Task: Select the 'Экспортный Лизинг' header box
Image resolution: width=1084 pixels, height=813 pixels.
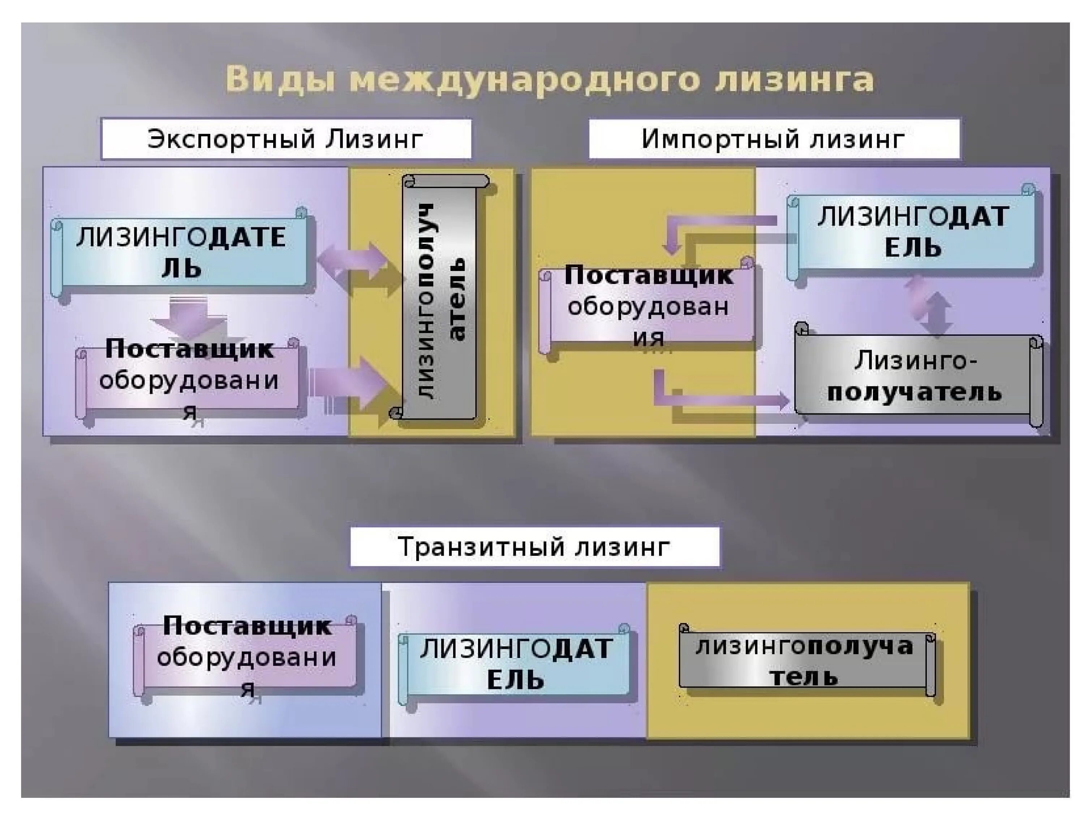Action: [286, 139]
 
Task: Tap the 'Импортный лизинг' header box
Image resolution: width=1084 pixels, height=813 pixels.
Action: [774, 139]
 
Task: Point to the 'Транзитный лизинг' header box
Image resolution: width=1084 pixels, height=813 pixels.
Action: [535, 546]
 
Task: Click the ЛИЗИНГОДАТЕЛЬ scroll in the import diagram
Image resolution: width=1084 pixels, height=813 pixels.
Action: [912, 232]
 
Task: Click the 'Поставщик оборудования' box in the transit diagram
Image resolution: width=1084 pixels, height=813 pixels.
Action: [246, 656]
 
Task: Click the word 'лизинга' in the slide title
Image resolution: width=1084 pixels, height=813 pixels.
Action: [794, 80]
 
